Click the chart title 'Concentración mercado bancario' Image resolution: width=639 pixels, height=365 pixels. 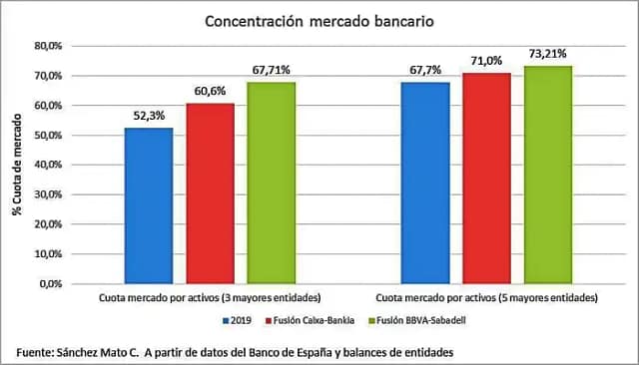coord(319,20)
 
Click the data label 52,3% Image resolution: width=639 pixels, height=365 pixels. coord(149,117)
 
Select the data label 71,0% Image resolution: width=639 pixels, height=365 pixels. coord(486,61)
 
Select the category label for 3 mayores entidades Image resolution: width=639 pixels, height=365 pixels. coord(210,298)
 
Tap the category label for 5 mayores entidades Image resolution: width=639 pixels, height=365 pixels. coord(486,298)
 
